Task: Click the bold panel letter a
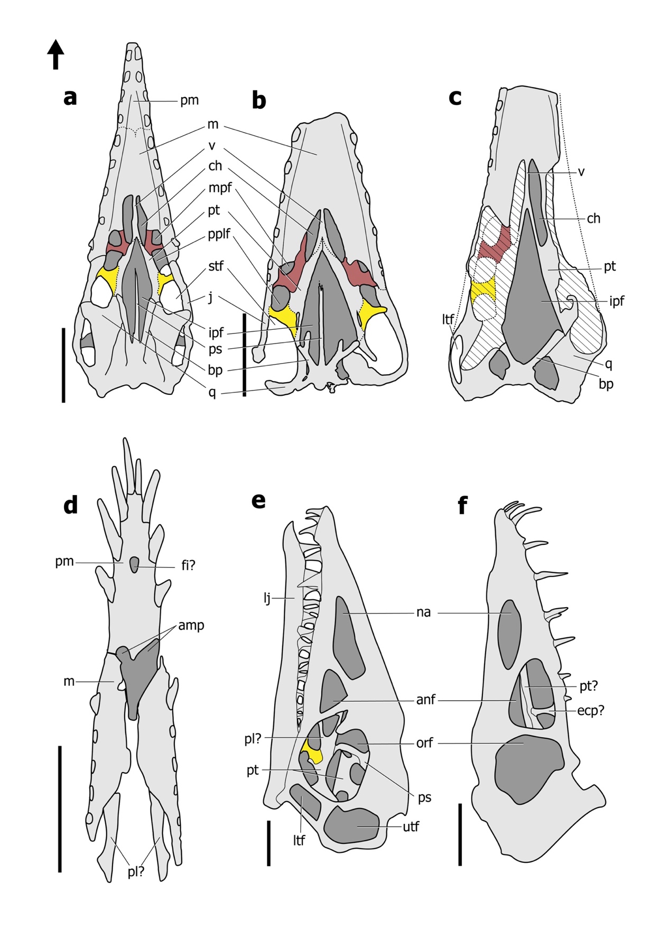(x=70, y=97)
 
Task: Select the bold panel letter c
(x=454, y=97)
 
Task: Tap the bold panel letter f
(x=462, y=505)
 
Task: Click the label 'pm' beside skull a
(x=189, y=100)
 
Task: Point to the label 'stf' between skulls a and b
(x=216, y=266)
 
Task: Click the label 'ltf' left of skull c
(x=448, y=319)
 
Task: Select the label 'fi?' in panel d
(x=188, y=565)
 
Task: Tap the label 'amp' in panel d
(x=191, y=625)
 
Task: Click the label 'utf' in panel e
(x=411, y=826)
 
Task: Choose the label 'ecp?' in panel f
(x=590, y=711)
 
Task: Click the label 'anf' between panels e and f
(x=426, y=700)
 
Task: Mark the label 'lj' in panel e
(x=267, y=598)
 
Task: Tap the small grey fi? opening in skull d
(x=135, y=564)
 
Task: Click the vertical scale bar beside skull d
(x=60, y=808)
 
